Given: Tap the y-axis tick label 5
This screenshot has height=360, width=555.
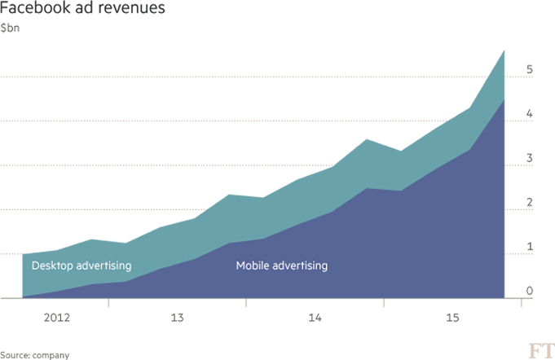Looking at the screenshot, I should (x=531, y=70).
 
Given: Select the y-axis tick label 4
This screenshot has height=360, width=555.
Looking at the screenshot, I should (x=531, y=114).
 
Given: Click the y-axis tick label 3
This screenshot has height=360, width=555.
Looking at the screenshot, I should (x=531, y=158).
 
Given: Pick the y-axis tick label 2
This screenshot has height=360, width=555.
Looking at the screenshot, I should (x=531, y=202).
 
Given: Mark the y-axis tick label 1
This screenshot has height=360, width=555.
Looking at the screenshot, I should (x=531, y=246).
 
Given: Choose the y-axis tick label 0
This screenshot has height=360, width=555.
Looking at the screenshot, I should (x=531, y=290).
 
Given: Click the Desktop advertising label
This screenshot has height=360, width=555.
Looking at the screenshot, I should (x=81, y=266).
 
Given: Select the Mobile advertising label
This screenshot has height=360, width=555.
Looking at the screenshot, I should (x=281, y=266).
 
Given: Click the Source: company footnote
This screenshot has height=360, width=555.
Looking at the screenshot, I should (x=35, y=355).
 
